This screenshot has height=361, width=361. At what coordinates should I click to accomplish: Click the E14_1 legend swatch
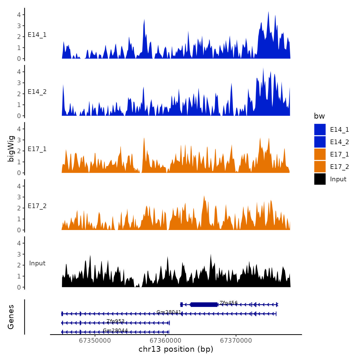pos(320,129)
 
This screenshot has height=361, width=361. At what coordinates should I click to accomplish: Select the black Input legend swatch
pos(320,179)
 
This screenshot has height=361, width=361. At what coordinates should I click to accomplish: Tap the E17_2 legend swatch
pos(320,167)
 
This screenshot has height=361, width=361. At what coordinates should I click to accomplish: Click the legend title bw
pos(319,116)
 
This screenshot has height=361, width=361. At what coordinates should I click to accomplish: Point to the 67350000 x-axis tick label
pos(95,341)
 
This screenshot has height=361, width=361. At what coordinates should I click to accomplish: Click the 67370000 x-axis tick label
pos(236,341)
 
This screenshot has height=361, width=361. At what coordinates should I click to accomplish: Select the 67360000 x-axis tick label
pos(165,341)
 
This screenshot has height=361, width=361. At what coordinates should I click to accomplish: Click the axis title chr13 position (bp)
pos(176,349)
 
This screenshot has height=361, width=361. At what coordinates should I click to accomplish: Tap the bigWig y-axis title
pos(11,149)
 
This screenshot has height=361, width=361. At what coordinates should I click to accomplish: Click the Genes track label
pos(11,317)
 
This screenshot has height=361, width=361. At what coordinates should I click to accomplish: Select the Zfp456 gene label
pos(228,303)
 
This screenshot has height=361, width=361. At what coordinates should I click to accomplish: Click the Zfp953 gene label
pos(116,321)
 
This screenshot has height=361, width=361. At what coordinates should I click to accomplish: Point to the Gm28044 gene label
pos(115,330)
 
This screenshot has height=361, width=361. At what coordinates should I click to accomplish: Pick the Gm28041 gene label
pos(169,312)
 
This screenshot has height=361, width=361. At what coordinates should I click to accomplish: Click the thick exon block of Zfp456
pos(204,305)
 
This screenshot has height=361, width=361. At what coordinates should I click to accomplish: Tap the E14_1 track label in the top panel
pos(37,35)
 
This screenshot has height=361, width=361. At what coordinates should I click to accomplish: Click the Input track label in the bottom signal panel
pos(37,263)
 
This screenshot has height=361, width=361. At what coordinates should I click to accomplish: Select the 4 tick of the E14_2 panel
pos(19,72)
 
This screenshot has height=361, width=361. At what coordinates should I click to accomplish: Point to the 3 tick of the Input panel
pos(19,254)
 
